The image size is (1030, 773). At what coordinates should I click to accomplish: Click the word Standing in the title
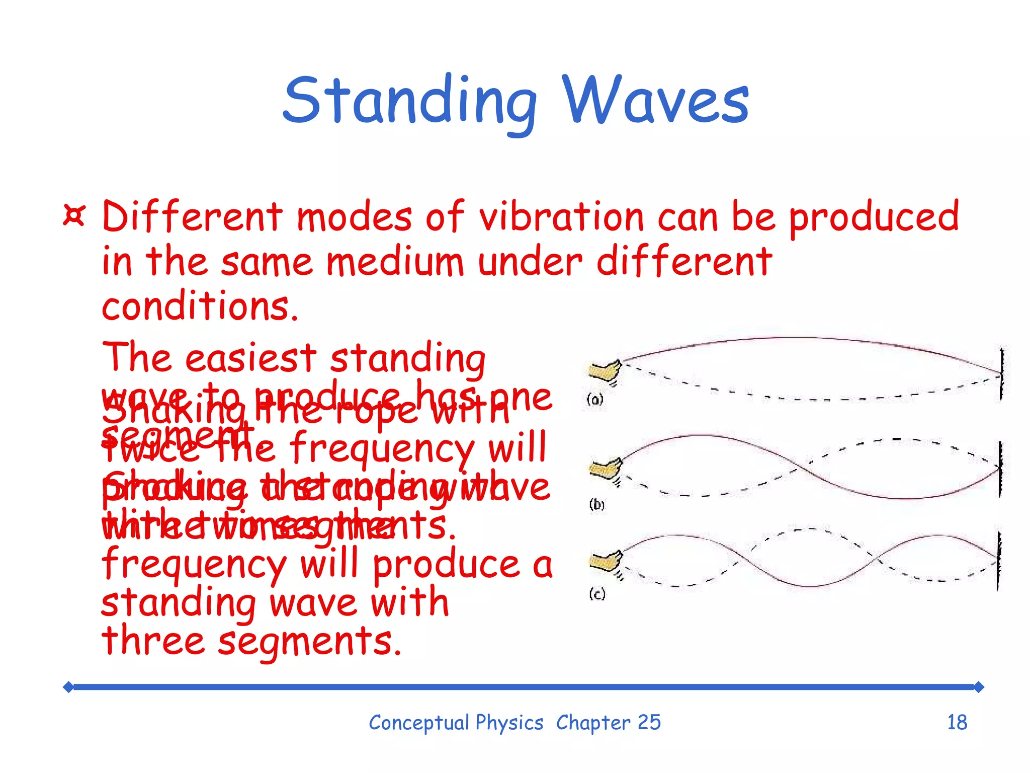coord(410,101)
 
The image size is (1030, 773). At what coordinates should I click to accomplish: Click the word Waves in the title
coord(655,101)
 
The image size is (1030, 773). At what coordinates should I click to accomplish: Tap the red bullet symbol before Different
coord(74,215)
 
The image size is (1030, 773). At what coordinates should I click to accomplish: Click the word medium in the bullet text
coord(395,262)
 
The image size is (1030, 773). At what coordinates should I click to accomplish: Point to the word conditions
coord(200,306)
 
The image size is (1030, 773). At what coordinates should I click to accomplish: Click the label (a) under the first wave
coord(595,400)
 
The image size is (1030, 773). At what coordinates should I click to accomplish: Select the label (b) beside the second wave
coord(596,504)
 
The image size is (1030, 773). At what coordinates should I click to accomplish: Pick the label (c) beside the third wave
coord(597,594)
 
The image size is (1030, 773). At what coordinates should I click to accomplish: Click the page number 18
coord(957,723)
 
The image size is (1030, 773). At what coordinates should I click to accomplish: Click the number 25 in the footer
coord(649,723)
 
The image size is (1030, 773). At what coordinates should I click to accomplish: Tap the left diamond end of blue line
coord(68,687)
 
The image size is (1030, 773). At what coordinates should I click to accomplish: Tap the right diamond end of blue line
coord(978,687)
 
